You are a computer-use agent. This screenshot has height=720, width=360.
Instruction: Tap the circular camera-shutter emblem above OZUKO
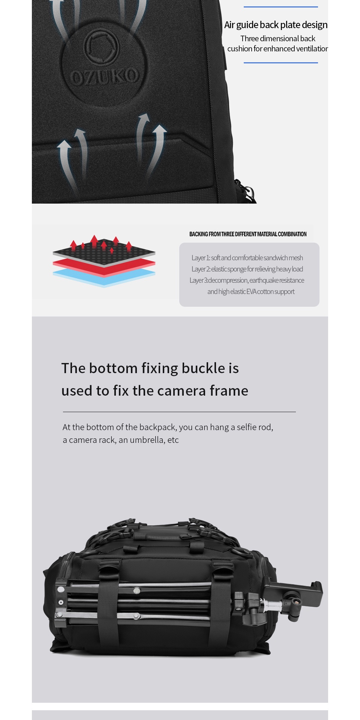pyautogui.click(x=102, y=48)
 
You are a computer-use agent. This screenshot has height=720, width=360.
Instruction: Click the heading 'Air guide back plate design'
pyautogui.click(x=276, y=25)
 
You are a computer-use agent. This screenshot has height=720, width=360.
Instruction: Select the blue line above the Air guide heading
pyautogui.click(x=281, y=7)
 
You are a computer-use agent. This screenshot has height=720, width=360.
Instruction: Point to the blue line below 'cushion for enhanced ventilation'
pyautogui.click(x=281, y=63)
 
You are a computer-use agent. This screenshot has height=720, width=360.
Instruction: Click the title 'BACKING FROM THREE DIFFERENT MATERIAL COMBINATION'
pyautogui.click(x=248, y=234)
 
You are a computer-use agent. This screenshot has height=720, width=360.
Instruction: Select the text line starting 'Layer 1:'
pyautogui.click(x=247, y=258)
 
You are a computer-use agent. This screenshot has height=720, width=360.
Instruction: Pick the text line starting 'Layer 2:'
pyautogui.click(x=247, y=269)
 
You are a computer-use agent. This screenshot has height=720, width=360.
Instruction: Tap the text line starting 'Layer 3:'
pyautogui.click(x=247, y=280)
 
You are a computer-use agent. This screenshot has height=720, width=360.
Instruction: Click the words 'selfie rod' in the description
pyautogui.click(x=254, y=427)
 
